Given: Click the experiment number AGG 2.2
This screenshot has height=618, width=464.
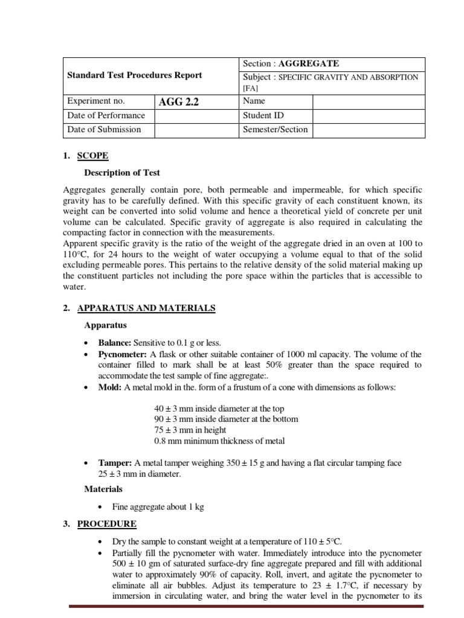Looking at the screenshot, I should pos(178,102).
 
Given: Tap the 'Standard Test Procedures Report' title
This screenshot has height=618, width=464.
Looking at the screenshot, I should pos(135,75).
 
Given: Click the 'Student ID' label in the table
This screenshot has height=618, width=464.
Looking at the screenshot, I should pos(263,115).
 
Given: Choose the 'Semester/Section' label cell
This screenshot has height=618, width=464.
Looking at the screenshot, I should pos(275,129).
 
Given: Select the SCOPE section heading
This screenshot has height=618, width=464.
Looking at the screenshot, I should pos(93,156).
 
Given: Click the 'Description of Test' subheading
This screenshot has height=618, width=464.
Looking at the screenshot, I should pos(122,173).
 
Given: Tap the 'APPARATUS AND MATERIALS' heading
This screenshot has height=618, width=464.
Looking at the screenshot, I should pos(146,308).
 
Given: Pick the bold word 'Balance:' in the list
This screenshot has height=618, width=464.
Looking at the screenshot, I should pos(115,342).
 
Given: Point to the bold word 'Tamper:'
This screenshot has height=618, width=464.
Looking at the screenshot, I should pos(115,463).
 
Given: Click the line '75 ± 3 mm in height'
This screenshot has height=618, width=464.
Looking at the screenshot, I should pos(190,430).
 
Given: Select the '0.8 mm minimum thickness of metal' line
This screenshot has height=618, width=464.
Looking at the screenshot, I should pos(219,441).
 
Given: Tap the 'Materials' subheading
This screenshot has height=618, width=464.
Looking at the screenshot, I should pos(103,489).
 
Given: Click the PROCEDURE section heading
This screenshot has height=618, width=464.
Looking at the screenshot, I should pos(107,524).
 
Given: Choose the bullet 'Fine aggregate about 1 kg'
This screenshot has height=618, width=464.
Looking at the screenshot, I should pos(158,507).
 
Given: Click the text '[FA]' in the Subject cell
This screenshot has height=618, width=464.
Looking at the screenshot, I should pos(250,88).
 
